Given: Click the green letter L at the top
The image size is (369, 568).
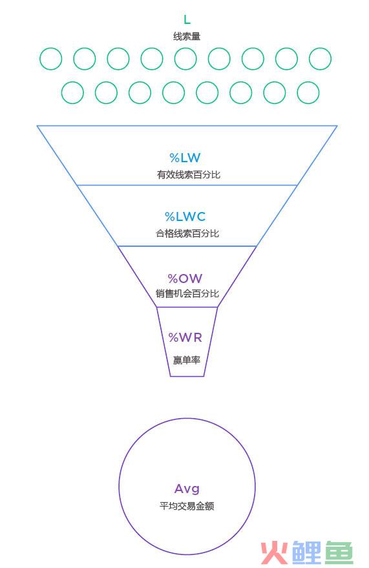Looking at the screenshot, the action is pos(187,19).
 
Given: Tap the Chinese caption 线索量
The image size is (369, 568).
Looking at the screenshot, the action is pos(187,37).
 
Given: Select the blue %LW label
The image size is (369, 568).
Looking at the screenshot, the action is pos(185,158).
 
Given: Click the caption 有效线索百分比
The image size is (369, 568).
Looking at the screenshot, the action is pos(188,174).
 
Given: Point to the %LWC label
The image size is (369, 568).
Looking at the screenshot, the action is pos(185,216).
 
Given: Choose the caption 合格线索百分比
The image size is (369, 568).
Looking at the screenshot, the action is pos(187,233).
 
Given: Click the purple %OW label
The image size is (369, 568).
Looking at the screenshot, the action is pos(185,279).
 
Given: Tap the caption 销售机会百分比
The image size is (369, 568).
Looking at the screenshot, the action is pos(187,293).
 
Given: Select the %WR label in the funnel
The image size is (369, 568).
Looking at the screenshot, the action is pos(185,337).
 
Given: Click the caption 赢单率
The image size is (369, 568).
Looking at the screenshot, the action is pos(187,360).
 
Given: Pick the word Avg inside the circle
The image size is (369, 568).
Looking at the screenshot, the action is pos(187,489).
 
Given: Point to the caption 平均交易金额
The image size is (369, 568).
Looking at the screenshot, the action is pos(187,506).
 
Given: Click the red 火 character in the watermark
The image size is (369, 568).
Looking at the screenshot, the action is pos(275,553).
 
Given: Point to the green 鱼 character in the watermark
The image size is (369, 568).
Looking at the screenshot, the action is pos(339,553).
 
